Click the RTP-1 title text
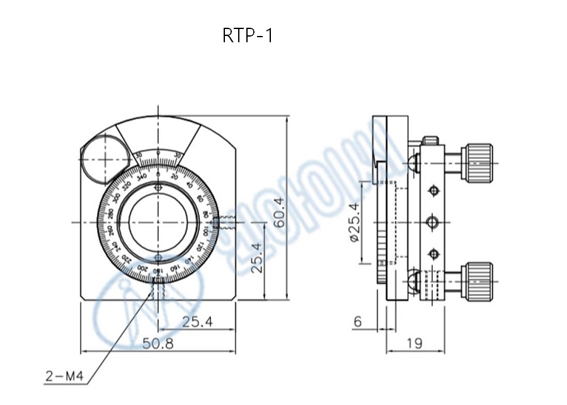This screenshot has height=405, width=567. click(248, 35)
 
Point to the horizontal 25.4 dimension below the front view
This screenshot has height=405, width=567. click(197, 322)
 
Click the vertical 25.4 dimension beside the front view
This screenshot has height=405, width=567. click(256, 257)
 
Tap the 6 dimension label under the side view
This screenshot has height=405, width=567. click(358, 322)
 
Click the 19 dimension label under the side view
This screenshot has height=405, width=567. click(414, 344)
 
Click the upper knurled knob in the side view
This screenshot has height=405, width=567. click(478, 162)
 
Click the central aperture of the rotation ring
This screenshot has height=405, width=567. click(157, 221)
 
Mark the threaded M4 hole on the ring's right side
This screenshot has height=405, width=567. click(224, 222)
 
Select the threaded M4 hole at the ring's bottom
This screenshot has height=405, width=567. click(157, 289)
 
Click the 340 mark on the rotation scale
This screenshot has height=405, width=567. click(141, 176)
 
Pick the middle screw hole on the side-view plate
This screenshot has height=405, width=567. click(433, 222)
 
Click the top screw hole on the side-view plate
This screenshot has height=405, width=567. click(433, 191)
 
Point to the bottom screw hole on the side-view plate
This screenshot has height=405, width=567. click(433, 254)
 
